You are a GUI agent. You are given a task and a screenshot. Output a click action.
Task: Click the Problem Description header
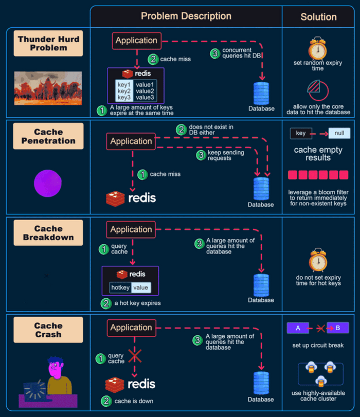click(x=186, y=16)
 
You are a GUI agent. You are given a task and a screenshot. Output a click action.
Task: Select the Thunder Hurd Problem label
click(x=49, y=43)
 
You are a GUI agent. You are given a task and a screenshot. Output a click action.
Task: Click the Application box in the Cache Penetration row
click(x=131, y=141)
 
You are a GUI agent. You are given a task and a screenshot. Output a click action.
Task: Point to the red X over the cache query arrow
click(x=135, y=356)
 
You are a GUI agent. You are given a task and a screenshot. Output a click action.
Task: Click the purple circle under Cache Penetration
click(x=48, y=183)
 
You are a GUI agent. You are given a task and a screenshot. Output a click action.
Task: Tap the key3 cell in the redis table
click(x=123, y=97)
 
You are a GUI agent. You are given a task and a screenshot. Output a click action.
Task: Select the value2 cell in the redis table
click(x=145, y=90)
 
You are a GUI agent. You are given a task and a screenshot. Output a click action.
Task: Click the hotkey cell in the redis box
click(x=120, y=287)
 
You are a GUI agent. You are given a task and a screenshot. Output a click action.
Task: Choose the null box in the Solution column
click(x=339, y=134)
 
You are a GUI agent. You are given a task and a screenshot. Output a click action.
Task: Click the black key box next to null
click(x=301, y=134)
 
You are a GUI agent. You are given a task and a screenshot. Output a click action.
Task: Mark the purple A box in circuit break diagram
click(x=297, y=328)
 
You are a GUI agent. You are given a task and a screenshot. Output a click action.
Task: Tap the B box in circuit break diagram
click(x=338, y=328)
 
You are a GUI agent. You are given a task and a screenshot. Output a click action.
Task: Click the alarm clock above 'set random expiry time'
click(x=317, y=49)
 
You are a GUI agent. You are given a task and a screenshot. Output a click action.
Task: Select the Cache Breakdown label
click(x=49, y=233)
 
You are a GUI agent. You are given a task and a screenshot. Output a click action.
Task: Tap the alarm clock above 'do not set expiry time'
click(x=318, y=260)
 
